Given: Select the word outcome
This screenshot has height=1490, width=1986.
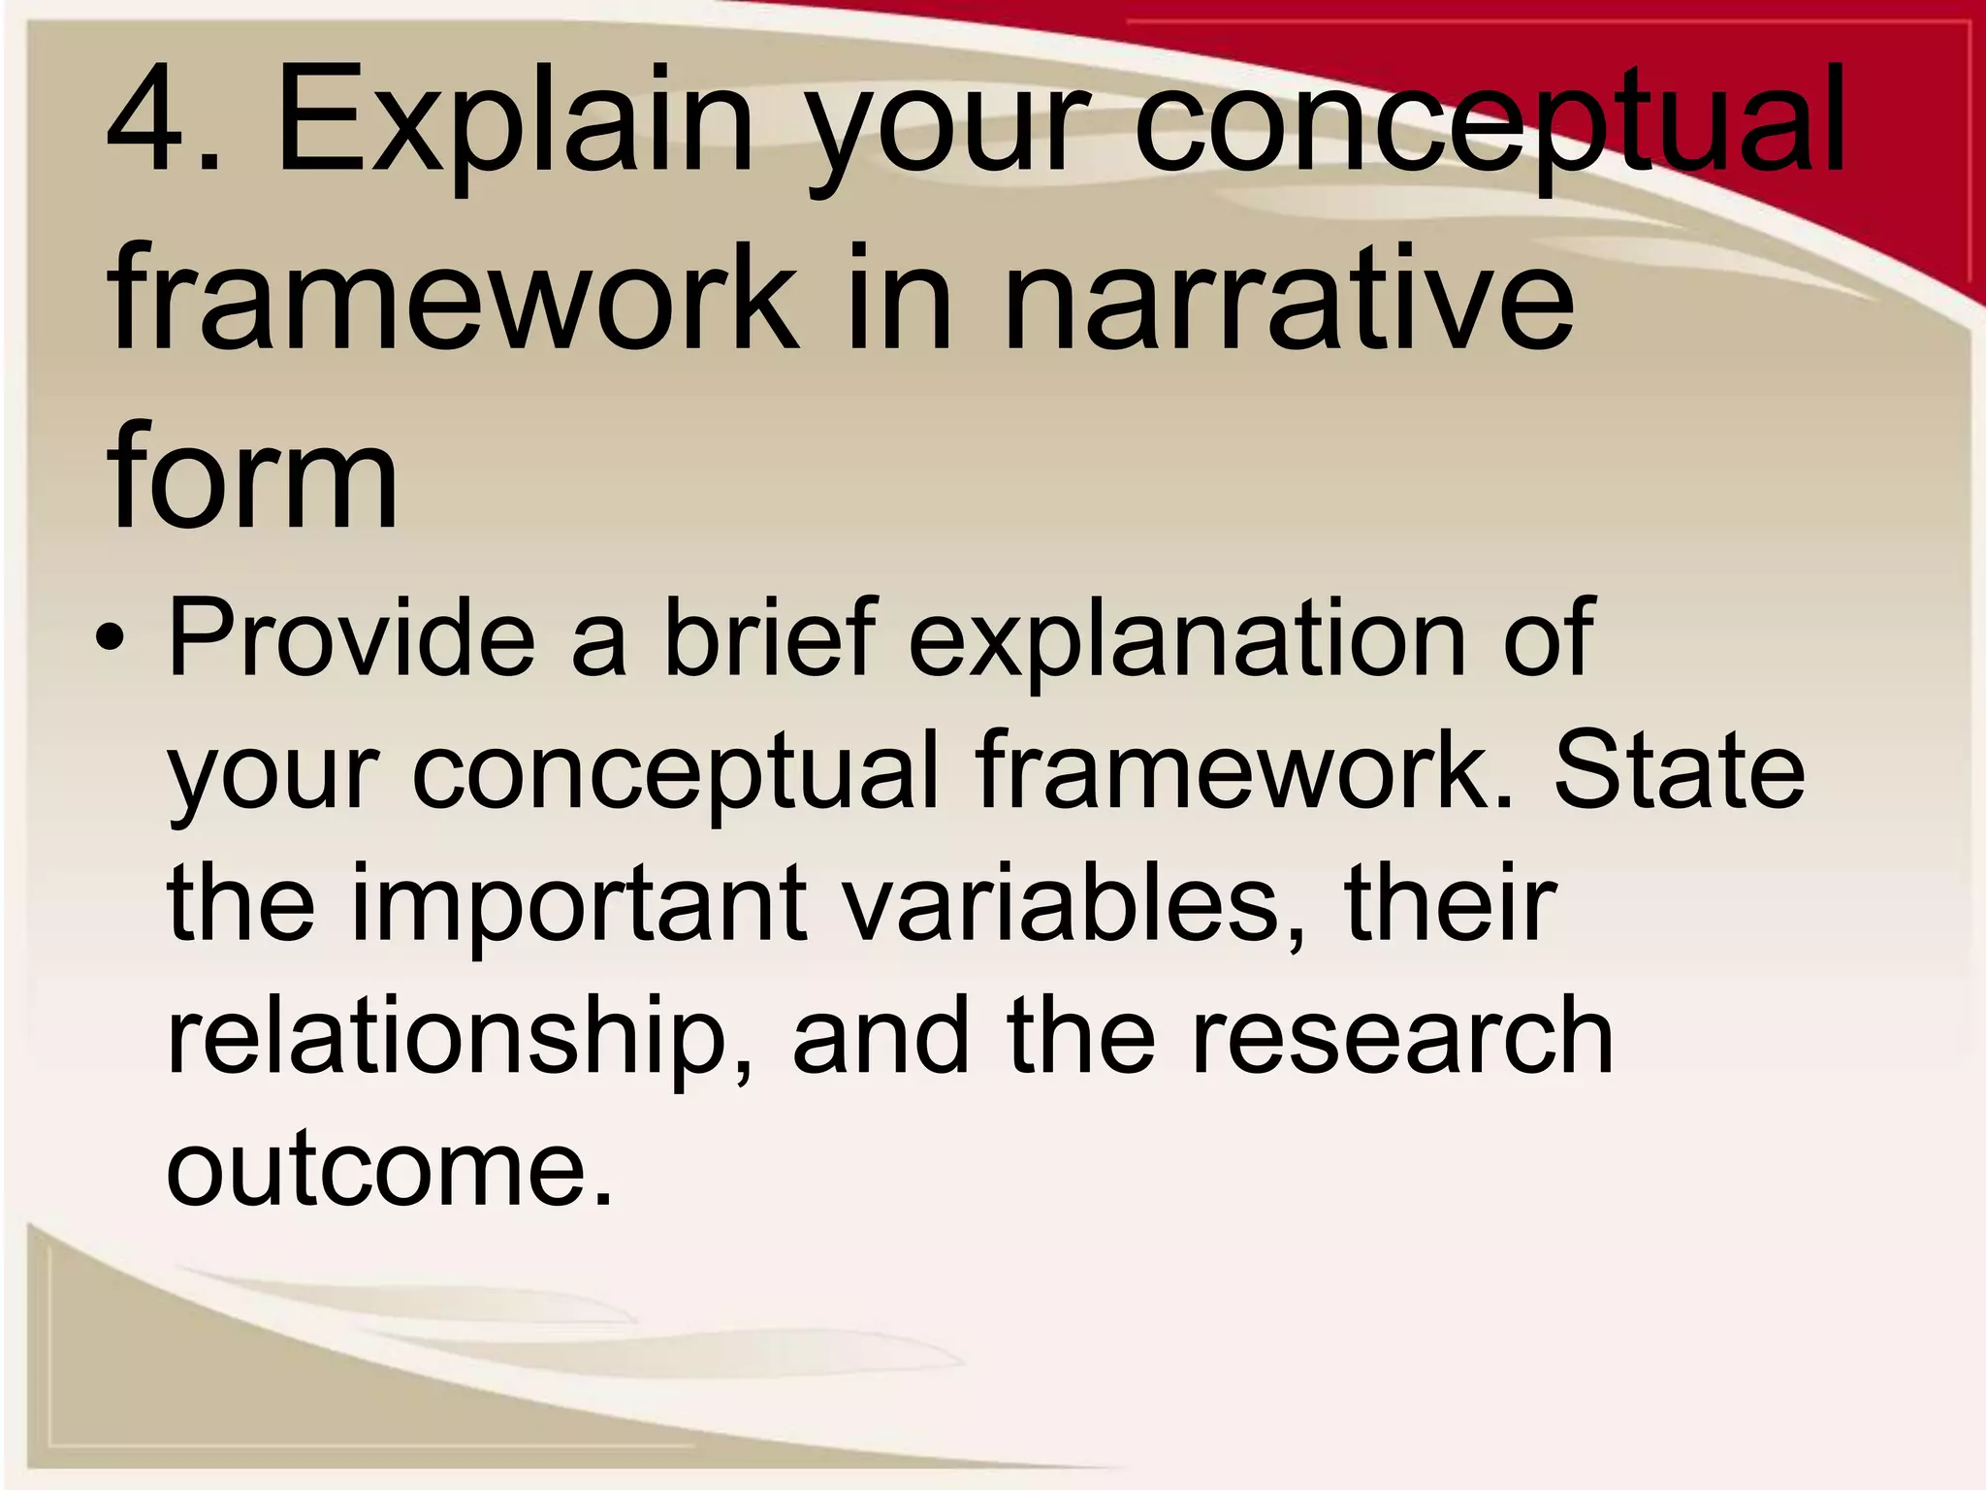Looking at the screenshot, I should point(388,1169).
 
